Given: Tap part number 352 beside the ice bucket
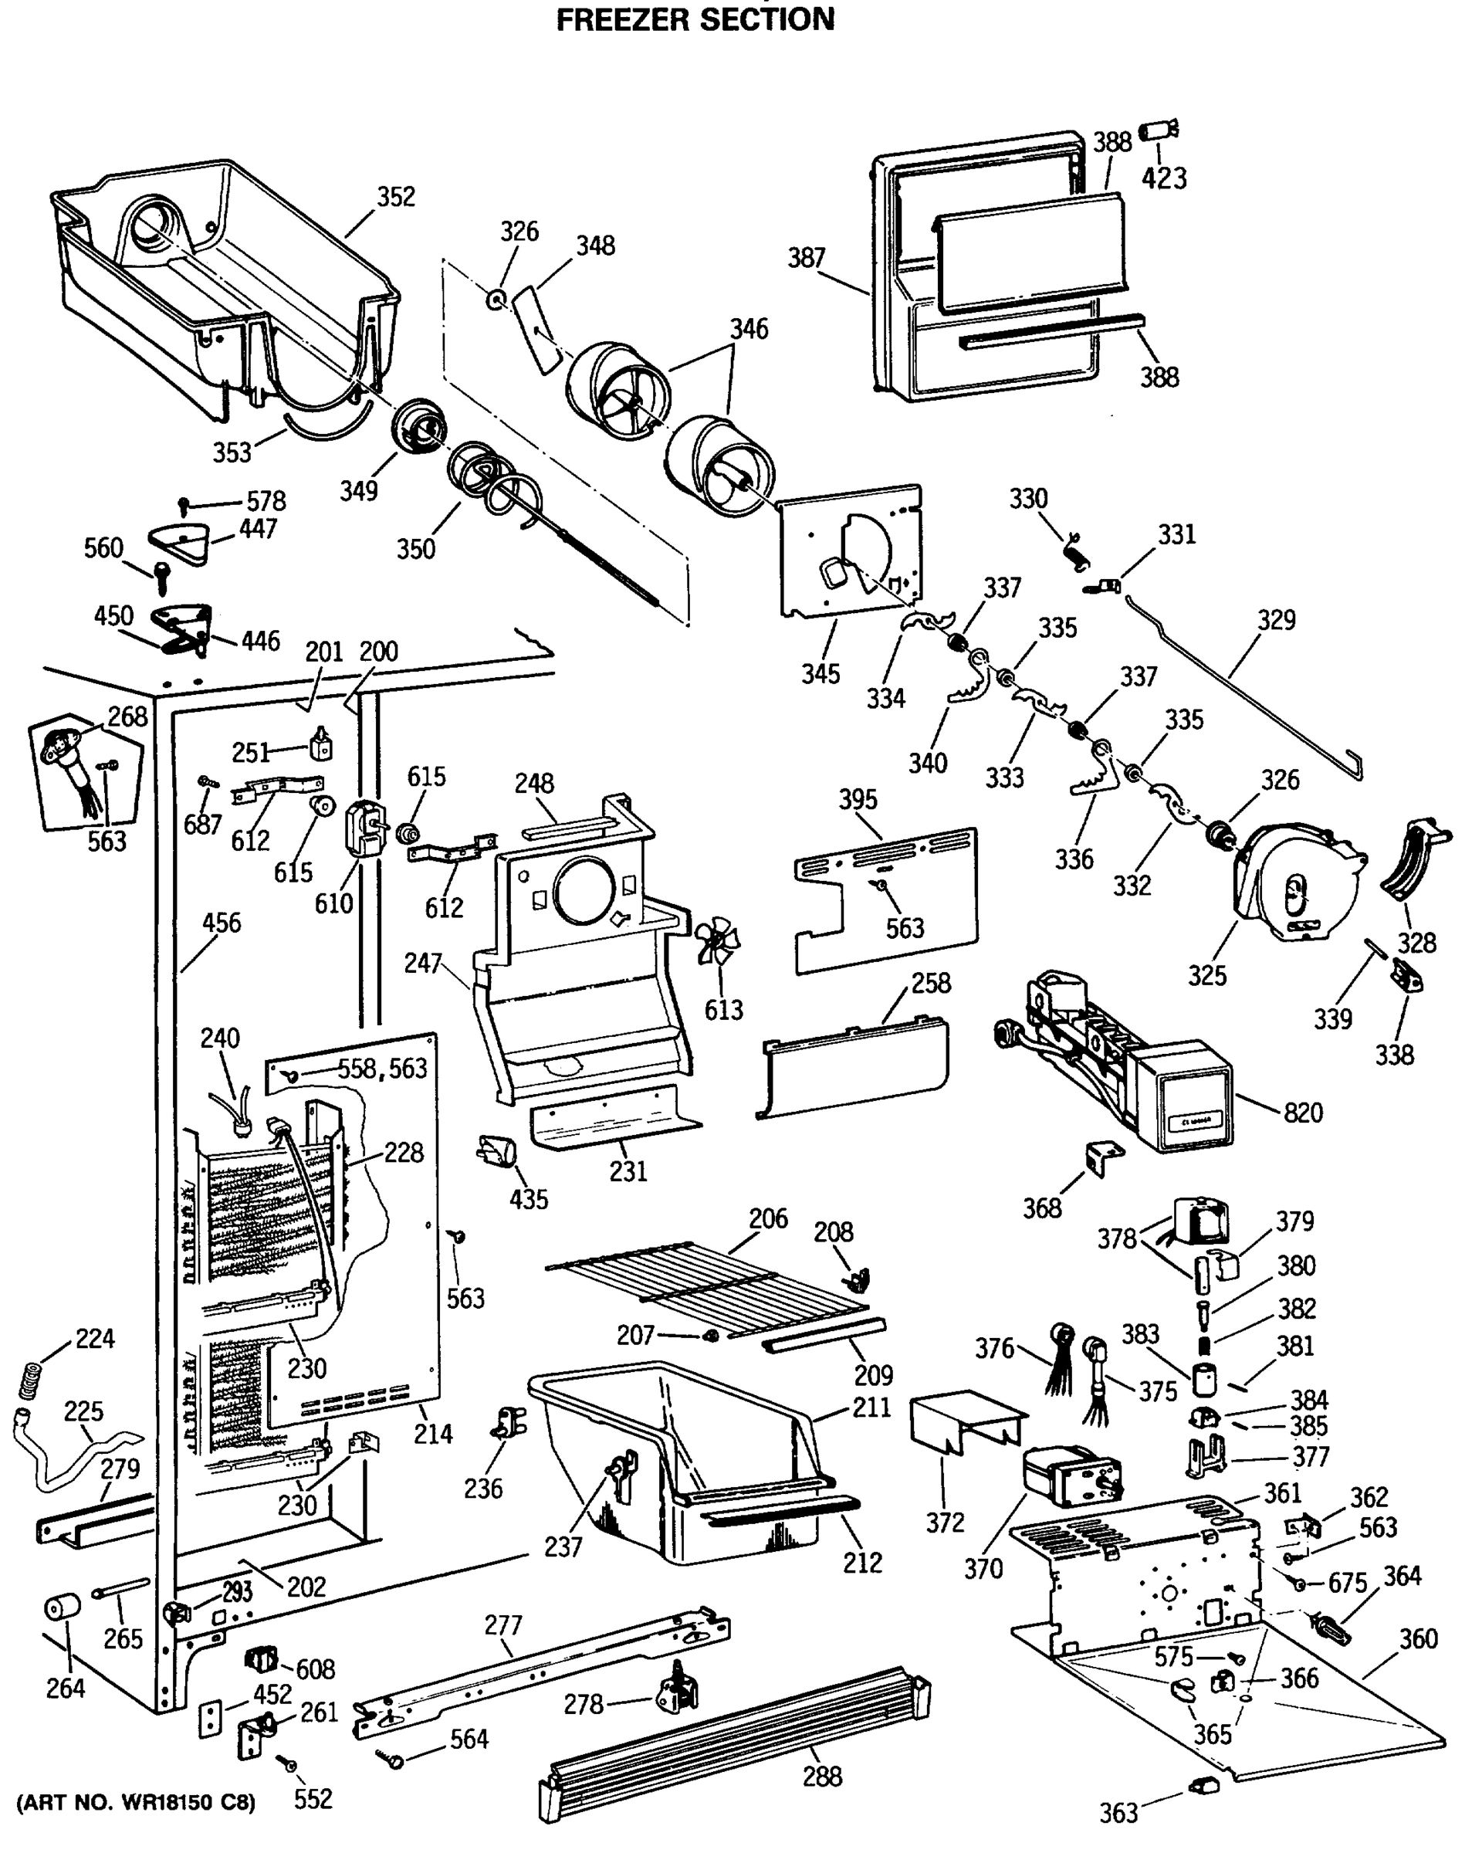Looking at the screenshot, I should pyautogui.click(x=396, y=197).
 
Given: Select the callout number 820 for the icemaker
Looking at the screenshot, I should pyautogui.click(x=1302, y=1113).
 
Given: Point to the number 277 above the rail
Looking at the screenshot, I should pyautogui.click(x=502, y=1625).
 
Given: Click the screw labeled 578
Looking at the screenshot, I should pyautogui.click(x=184, y=503).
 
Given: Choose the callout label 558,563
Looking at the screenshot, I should pyautogui.click(x=381, y=1069).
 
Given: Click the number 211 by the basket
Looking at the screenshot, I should pyautogui.click(x=871, y=1408).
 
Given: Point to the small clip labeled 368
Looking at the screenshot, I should pyautogui.click(x=1103, y=1160).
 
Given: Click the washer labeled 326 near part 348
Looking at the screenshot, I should pyautogui.click(x=496, y=300).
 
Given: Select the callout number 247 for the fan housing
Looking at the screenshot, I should pyautogui.click(x=422, y=964).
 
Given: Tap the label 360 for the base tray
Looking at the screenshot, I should pyautogui.click(x=1418, y=1639).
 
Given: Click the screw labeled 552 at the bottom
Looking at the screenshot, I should pyautogui.click(x=289, y=1763).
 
